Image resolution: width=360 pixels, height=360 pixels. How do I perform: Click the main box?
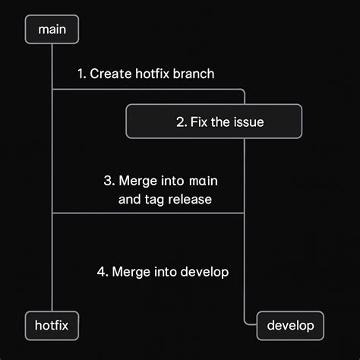tap(52, 30)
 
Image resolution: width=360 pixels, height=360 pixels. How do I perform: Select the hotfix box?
tap(52, 325)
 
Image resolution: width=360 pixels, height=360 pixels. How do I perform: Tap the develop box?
tap(291, 325)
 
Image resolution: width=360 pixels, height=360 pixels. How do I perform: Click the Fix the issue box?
tap(214, 122)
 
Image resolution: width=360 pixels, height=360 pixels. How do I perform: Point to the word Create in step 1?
tap(109, 74)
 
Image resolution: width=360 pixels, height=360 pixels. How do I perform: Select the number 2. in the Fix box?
tap(181, 122)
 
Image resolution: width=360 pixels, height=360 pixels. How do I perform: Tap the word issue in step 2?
tap(248, 122)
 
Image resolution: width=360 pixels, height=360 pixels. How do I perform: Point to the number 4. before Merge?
tap(103, 271)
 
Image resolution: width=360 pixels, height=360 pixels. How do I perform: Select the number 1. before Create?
tap(81, 74)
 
